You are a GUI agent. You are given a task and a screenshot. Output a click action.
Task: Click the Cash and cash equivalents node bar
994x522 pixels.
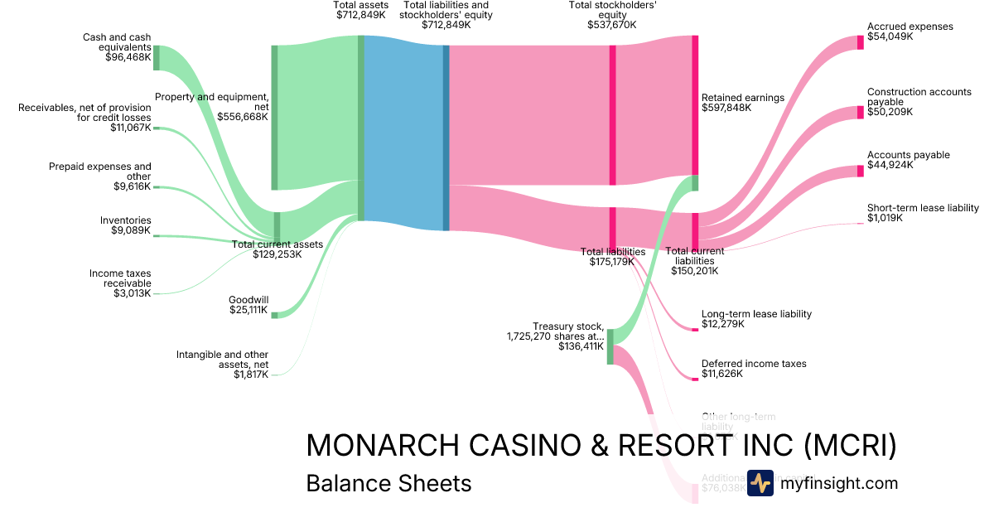tap(156, 58)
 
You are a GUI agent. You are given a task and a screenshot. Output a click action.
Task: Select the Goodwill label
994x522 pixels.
tap(248, 300)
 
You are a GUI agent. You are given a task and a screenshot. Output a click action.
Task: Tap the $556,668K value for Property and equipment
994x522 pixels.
tap(243, 117)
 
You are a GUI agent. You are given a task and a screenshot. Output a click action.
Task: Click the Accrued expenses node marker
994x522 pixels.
tap(861, 42)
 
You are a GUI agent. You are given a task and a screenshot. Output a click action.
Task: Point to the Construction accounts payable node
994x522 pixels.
tap(861, 112)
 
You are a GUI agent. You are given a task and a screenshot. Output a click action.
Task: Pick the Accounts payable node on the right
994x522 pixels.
tap(861, 171)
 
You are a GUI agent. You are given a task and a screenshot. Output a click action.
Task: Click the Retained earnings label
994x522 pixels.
tap(742, 98)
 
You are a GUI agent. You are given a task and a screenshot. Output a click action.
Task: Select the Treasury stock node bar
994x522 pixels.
tap(610, 346)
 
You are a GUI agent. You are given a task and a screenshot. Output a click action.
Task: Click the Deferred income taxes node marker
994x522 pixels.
tap(696, 379)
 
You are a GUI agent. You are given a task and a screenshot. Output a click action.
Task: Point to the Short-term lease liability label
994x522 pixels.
tap(923, 208)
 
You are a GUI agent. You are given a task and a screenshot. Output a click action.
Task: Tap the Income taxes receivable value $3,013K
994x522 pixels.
tap(133, 293)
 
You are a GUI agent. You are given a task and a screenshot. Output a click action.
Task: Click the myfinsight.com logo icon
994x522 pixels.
tap(760, 483)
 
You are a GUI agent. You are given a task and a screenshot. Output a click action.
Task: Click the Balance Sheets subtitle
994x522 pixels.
tap(388, 483)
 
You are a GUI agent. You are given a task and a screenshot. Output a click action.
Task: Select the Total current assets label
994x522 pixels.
tap(277, 244)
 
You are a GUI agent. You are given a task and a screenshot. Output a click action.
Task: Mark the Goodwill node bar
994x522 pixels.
tap(275, 315)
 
